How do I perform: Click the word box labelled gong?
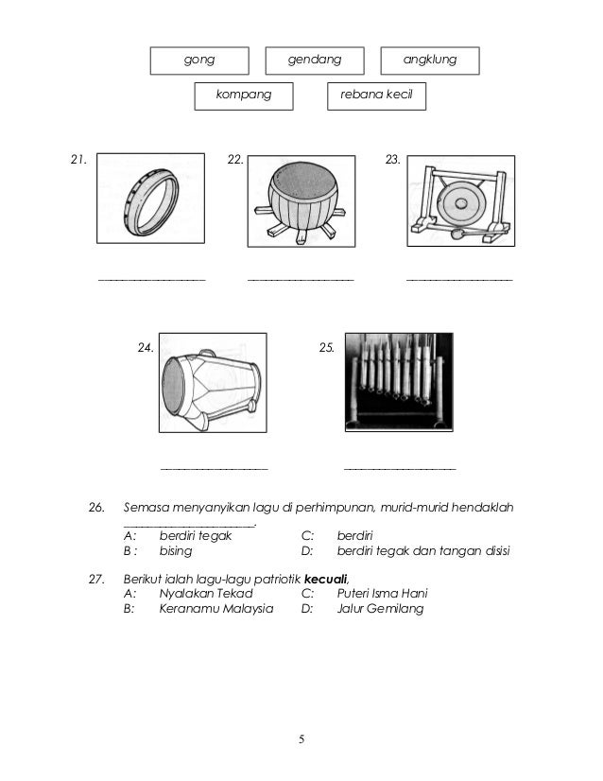pyautogui.click(x=199, y=60)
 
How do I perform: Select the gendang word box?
pyautogui.click(x=315, y=60)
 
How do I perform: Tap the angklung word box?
pyautogui.click(x=429, y=60)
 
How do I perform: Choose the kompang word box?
pyautogui.click(x=244, y=95)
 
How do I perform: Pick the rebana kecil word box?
pyautogui.click(x=375, y=95)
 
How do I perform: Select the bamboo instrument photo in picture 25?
pyautogui.click(x=399, y=382)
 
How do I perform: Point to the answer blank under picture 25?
pyautogui.click(x=400, y=468)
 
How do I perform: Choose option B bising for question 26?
pyautogui.click(x=176, y=550)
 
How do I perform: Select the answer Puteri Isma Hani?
pyautogui.click(x=382, y=593)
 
